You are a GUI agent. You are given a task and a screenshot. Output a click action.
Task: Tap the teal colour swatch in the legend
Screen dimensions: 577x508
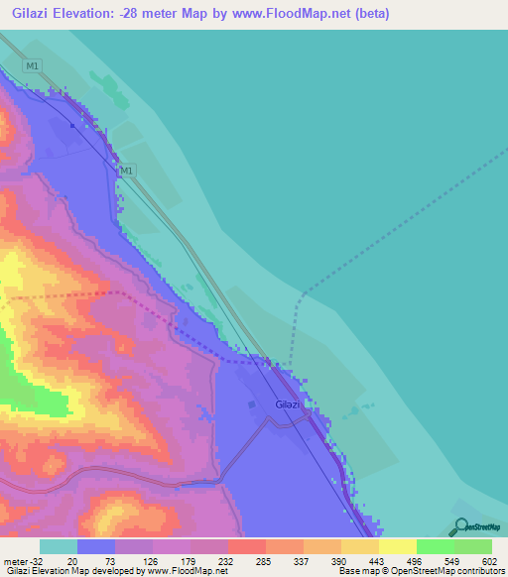[x=59, y=547]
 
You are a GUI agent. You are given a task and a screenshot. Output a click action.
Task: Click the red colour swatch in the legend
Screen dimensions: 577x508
[x=247, y=547]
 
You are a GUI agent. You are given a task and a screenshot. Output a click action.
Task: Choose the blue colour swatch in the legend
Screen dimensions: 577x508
[x=96, y=547]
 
